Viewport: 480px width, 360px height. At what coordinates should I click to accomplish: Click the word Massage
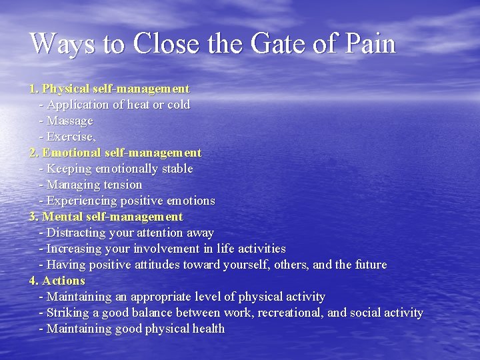click(70, 121)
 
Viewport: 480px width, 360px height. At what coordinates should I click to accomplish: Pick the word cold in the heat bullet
click(179, 105)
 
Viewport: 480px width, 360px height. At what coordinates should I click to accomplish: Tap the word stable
click(175, 169)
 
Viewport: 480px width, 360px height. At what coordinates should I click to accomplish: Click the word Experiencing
click(83, 201)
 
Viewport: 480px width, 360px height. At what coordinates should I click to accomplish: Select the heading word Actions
click(63, 281)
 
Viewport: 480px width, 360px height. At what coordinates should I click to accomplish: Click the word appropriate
click(167, 297)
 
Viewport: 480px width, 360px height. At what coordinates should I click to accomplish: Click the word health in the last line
click(209, 329)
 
